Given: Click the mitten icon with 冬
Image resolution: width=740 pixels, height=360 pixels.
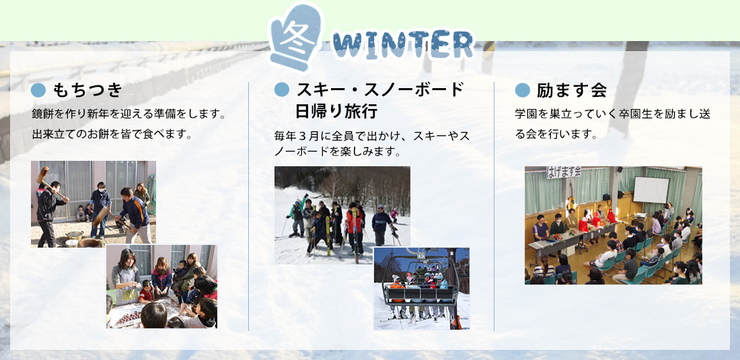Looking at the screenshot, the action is [297, 37].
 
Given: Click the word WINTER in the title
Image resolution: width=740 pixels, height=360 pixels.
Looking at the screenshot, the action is [402, 45].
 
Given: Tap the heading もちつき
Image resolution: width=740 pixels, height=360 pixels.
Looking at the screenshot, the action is [87, 89].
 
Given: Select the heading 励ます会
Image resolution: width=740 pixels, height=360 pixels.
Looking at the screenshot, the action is [572, 89].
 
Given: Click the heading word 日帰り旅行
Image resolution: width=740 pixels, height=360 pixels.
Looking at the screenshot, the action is [336, 111].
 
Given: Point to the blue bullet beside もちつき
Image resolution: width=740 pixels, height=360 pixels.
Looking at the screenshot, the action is [38, 89].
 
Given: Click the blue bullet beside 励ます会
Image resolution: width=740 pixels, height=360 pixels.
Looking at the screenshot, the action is [523, 89].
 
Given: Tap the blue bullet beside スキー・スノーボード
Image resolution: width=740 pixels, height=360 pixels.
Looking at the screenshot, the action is [282, 89].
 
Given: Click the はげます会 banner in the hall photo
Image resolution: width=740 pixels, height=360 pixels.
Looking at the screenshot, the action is [564, 172].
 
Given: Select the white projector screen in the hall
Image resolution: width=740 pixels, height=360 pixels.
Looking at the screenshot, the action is [651, 190].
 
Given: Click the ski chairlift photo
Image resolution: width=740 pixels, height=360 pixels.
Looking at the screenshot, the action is [421, 288].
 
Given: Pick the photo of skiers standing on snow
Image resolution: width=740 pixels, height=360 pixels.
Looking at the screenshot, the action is [342, 215].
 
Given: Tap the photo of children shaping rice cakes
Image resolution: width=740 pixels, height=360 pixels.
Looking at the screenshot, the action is [161, 287].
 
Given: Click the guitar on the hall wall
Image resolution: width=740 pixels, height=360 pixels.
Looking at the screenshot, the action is [571, 200].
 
